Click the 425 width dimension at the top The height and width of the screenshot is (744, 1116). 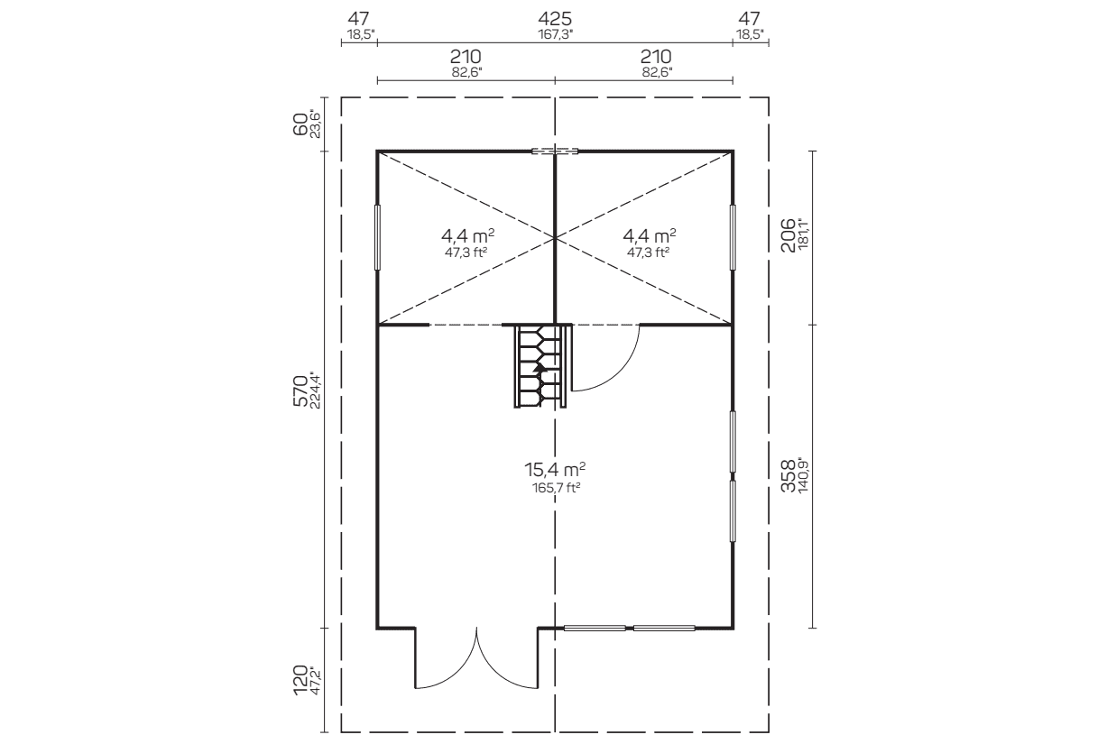pos(555,20)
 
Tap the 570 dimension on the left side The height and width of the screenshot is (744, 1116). pos(300,390)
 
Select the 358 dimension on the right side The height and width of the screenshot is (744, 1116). pos(789,475)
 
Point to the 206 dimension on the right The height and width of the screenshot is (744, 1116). pos(789,235)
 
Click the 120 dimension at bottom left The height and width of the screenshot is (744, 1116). pos(300,680)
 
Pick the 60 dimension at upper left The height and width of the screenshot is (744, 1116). pos(300,124)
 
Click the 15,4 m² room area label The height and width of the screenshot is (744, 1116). pos(555,469)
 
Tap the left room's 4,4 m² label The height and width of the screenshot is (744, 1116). pos(467,234)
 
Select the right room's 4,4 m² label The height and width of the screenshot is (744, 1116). pos(650,234)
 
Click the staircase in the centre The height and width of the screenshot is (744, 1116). pos(541,366)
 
